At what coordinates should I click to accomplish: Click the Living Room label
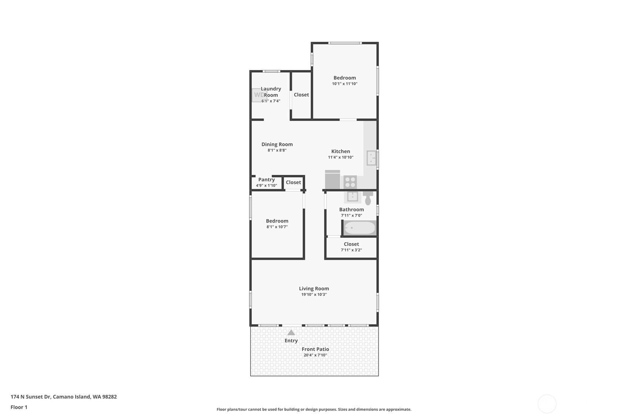pos(314,288)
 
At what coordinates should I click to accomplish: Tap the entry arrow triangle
pos(291,333)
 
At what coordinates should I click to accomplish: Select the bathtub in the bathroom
pos(359,228)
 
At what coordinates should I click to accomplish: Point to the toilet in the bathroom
pos(368,198)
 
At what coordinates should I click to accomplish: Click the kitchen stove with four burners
pos(350,182)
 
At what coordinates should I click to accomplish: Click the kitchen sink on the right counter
pos(371,158)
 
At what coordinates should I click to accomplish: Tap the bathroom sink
pos(352,196)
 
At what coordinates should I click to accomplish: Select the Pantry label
pos(266,180)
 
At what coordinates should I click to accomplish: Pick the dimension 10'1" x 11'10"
pos(345,84)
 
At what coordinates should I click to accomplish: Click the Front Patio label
pos(315,349)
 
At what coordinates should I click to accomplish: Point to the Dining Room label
pos(277,144)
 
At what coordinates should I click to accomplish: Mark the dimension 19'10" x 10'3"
pos(314,295)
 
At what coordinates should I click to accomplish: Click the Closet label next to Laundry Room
pos(301,95)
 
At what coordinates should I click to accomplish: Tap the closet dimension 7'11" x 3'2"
pos(351,250)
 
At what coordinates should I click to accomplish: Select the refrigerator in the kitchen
pos(333,179)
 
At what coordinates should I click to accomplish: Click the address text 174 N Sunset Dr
pos(31,397)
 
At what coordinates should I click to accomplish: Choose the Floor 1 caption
pos(19,407)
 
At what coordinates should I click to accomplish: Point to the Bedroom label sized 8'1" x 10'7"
pos(277,221)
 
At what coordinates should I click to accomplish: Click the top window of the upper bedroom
pos(345,43)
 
